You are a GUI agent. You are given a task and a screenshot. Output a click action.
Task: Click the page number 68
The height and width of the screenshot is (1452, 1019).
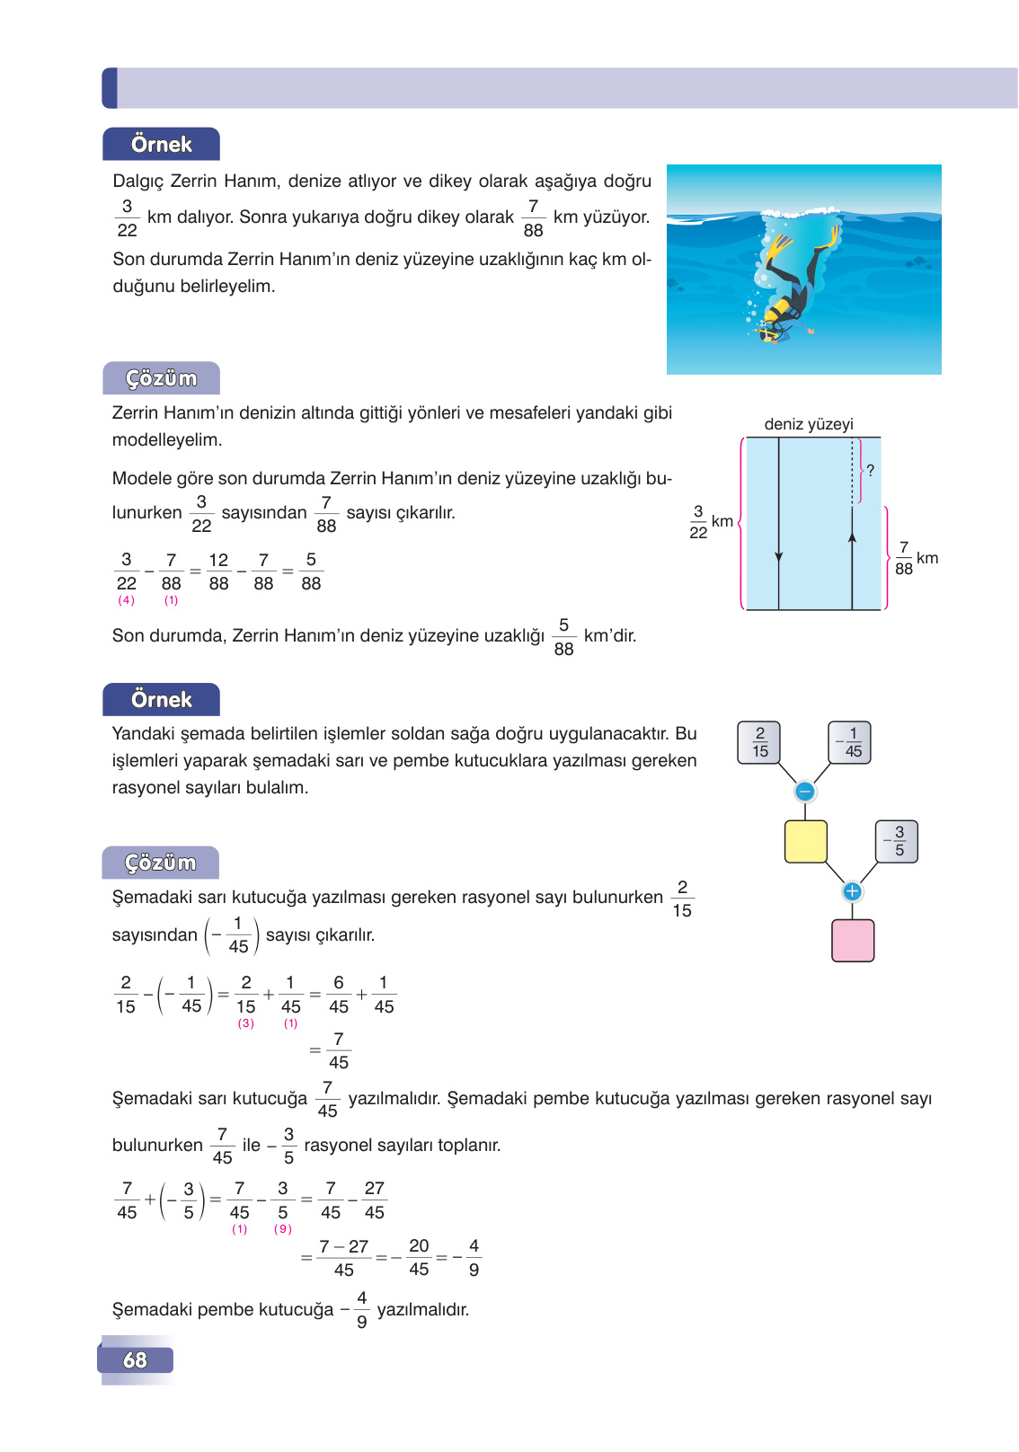135,1359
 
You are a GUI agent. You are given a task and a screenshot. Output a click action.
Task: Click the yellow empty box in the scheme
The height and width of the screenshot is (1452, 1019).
805,842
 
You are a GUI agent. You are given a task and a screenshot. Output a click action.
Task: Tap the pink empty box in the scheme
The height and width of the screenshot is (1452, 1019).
853,941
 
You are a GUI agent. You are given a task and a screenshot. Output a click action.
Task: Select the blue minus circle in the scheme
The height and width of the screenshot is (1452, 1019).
805,792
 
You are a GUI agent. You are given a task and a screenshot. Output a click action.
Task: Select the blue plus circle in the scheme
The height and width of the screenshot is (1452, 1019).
852,891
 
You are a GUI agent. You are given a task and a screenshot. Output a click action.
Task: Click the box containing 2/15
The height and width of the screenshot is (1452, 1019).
759,743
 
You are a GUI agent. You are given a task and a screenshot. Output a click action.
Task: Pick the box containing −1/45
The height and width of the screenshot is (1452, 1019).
849,743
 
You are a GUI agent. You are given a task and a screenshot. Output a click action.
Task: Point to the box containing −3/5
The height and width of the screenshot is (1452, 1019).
897,842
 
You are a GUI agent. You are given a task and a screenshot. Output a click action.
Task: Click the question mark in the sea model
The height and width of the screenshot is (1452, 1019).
870,470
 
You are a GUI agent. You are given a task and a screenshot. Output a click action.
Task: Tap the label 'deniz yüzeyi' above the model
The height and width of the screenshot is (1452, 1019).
809,424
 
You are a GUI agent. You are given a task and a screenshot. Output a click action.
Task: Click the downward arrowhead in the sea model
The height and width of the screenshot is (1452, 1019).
778,557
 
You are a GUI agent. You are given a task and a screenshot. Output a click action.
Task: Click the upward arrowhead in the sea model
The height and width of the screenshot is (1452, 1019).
852,537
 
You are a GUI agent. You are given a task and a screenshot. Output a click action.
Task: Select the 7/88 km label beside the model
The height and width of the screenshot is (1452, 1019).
915,559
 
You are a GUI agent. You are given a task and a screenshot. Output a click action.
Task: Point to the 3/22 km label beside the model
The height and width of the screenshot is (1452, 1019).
710,522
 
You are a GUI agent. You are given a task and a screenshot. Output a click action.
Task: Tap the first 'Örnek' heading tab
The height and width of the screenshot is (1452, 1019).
161,145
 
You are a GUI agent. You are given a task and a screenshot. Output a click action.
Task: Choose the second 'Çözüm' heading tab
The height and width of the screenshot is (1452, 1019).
161,863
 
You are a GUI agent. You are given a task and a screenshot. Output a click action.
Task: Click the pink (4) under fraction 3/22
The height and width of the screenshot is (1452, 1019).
127,600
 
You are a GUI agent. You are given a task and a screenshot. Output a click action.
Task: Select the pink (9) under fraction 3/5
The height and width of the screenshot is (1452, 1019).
283,1229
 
